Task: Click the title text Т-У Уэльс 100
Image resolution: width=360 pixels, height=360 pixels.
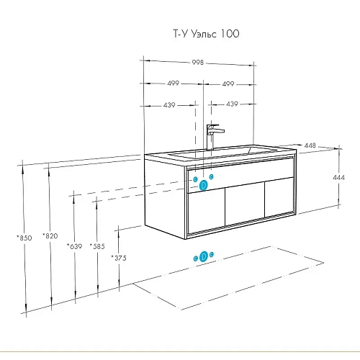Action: pos(206,34)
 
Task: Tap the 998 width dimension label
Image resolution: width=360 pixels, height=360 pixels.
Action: pos(198,63)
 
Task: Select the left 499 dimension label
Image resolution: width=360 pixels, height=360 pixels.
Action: pos(174,83)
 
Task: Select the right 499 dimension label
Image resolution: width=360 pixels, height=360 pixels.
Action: pos(228,84)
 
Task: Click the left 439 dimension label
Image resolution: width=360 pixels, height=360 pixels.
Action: pos(169,105)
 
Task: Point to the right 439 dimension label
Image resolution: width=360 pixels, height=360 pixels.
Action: pos(232,104)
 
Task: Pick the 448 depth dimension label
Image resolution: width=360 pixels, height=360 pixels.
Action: pos(310,145)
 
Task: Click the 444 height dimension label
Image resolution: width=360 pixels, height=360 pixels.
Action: pos(339,177)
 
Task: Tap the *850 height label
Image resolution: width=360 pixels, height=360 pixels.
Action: pos(24,238)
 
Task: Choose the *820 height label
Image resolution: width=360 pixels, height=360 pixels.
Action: pos(50,236)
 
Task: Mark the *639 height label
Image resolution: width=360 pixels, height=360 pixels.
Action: pos(75,246)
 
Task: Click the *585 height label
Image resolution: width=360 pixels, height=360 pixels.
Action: pos(97,246)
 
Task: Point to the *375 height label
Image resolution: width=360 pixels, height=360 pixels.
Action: pos(119,258)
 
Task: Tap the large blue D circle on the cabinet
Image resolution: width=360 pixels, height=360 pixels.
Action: pos(203,185)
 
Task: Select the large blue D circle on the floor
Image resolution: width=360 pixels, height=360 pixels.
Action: pos(204,256)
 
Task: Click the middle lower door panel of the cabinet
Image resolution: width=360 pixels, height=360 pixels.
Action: pos(245,204)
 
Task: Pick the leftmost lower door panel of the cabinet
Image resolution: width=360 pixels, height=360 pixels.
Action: pos(207,211)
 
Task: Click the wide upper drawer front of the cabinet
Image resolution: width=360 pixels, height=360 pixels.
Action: pos(240,175)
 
